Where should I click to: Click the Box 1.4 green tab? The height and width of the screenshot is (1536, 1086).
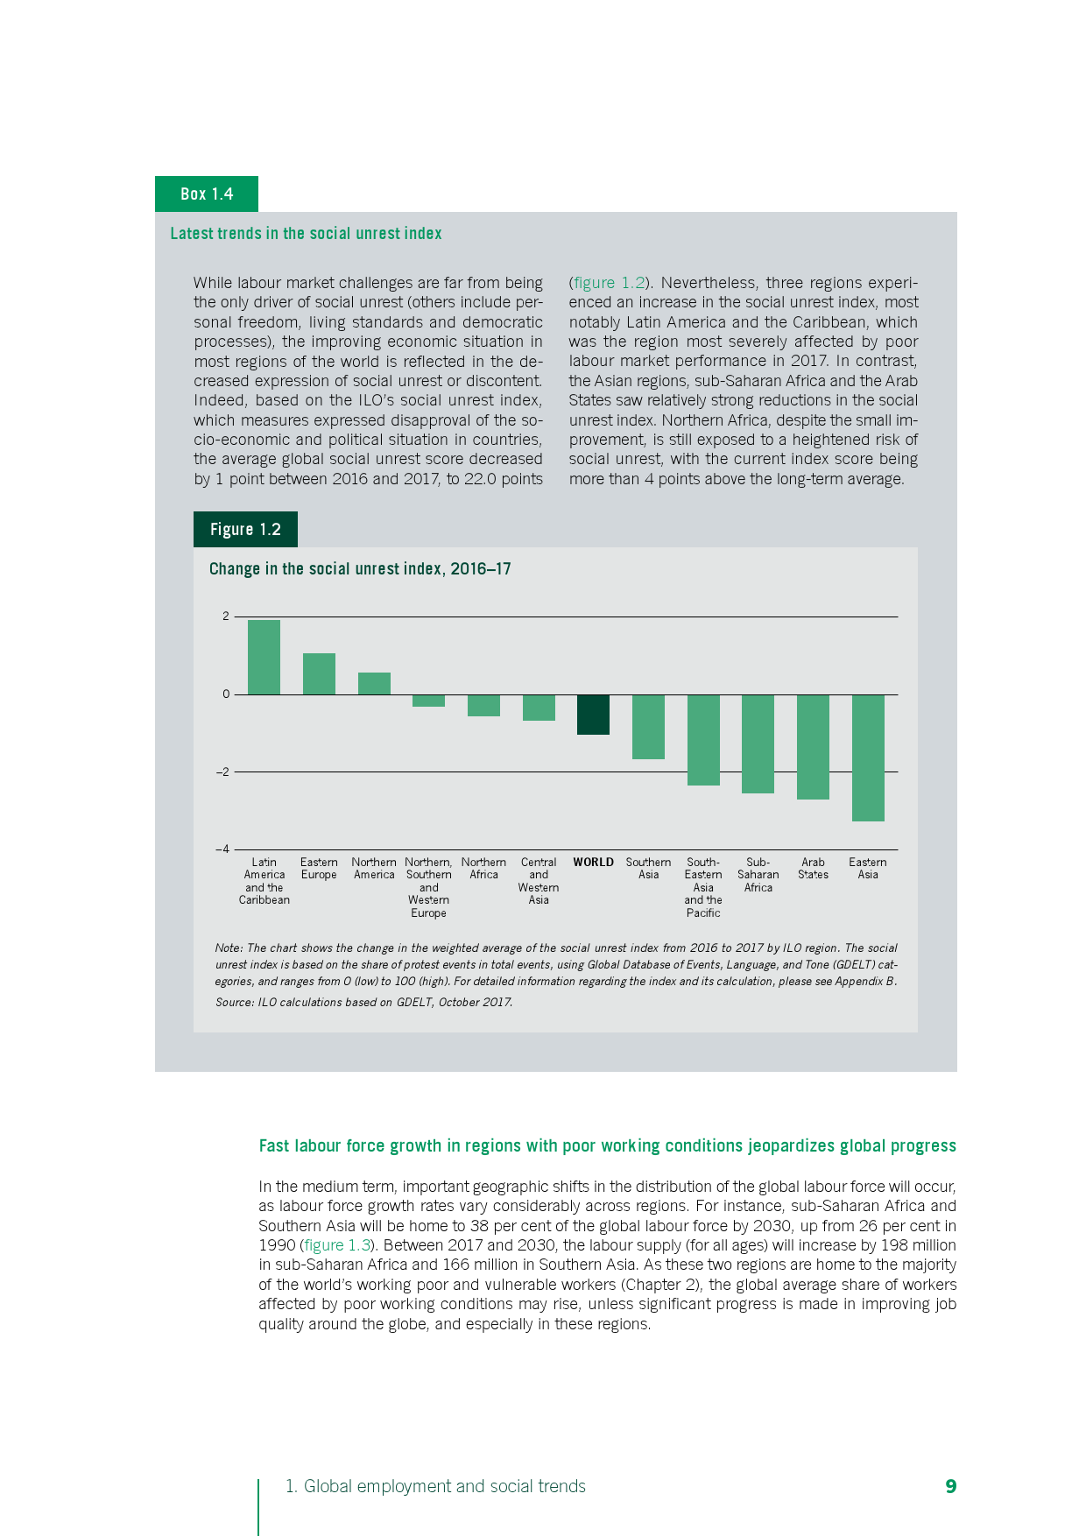click(207, 194)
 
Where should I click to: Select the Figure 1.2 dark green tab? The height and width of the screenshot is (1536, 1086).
click(245, 530)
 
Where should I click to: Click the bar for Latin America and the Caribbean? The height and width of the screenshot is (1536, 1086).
click(264, 657)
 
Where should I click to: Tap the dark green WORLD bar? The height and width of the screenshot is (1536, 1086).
click(593, 715)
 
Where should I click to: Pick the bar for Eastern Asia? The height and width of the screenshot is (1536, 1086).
click(868, 757)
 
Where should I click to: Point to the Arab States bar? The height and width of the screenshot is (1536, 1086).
click(813, 747)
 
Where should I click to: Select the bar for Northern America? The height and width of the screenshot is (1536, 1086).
click(374, 684)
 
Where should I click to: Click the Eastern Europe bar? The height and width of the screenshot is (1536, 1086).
click(319, 674)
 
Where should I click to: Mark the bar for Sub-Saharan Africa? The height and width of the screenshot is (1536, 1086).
click(758, 743)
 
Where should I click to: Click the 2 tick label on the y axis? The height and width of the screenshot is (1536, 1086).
click(226, 617)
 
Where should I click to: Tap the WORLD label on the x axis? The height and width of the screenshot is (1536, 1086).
click(594, 863)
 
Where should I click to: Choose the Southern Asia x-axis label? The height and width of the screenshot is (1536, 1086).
click(648, 869)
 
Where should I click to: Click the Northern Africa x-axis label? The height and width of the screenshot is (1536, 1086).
click(483, 869)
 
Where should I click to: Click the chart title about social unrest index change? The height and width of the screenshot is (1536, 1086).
click(360, 569)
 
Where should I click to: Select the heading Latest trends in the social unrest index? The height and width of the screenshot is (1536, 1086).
click(306, 234)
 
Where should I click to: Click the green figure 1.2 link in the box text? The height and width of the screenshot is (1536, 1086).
click(609, 283)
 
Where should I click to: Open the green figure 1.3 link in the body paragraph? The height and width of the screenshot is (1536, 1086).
click(337, 1245)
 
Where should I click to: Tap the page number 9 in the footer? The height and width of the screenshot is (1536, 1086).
click(950, 1486)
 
